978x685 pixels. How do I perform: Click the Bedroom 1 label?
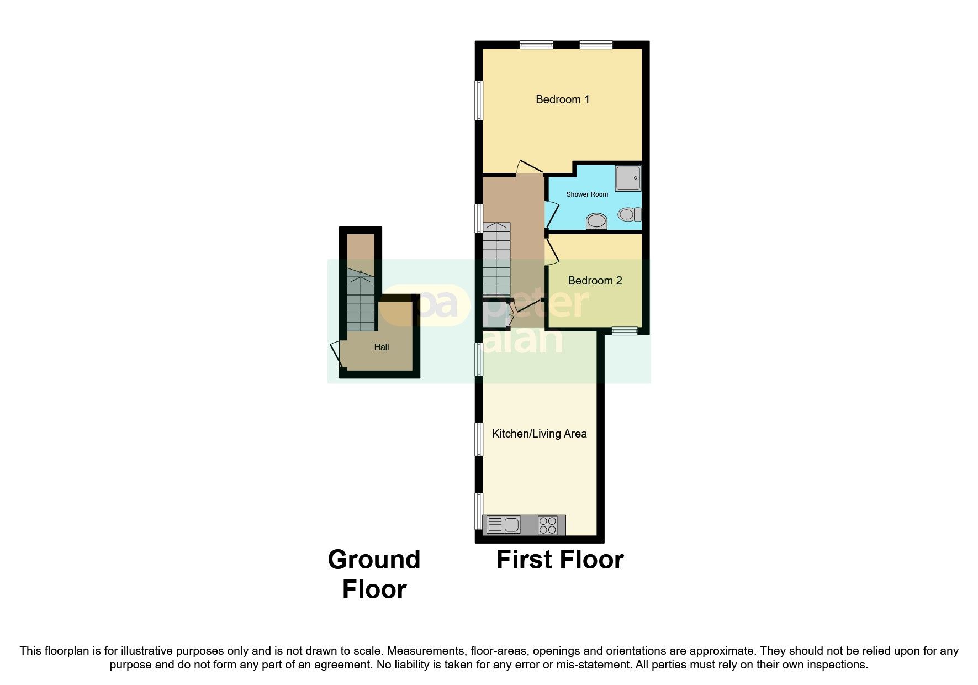pyautogui.click(x=562, y=99)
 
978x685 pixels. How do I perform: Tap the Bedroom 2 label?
pyautogui.click(x=595, y=281)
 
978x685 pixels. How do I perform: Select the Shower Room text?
pyautogui.click(x=587, y=194)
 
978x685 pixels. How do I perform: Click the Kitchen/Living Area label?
pyautogui.click(x=539, y=434)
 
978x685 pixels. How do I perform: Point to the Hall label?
pyautogui.click(x=381, y=347)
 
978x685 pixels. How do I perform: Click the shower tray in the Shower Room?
pyautogui.click(x=628, y=178)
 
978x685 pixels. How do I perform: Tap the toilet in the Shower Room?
pyautogui.click(x=630, y=214)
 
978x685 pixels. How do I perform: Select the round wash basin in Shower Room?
pyautogui.click(x=596, y=222)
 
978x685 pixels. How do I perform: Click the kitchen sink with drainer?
pyautogui.click(x=503, y=524)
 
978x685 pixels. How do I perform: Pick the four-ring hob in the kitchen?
pyautogui.click(x=547, y=524)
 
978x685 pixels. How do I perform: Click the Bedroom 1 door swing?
pyautogui.click(x=527, y=167)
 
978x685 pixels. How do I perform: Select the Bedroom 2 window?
pyautogui.click(x=625, y=331)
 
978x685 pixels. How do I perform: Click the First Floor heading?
pyautogui.click(x=559, y=560)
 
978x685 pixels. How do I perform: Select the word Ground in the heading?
pyautogui.click(x=374, y=560)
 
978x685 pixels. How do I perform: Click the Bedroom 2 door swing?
pyautogui.click(x=552, y=251)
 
